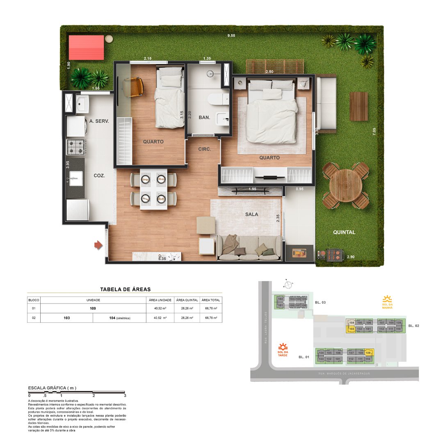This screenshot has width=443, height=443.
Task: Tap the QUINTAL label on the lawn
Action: point(344,232)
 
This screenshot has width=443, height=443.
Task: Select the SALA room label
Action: point(251,214)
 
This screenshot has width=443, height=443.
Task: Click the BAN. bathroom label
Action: point(204,117)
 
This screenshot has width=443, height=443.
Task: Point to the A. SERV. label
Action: point(99,121)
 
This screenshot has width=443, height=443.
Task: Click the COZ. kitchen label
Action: point(99,175)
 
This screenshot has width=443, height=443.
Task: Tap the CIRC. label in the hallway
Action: point(204,149)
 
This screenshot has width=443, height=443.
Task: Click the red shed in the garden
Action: point(86,48)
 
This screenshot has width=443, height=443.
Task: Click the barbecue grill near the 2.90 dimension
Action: point(331,255)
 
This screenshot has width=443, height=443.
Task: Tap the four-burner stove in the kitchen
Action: point(76,147)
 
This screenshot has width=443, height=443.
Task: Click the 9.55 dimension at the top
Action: point(232,36)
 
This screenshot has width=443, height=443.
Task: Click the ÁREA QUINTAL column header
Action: point(187,300)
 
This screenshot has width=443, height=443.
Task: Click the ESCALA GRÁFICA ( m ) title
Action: point(52,388)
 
